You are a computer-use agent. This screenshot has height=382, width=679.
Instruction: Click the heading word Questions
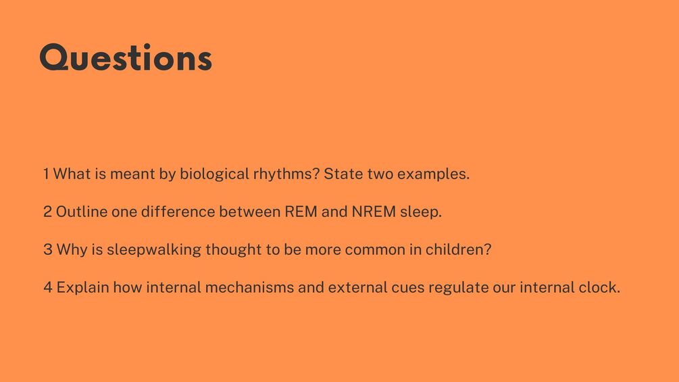(x=126, y=57)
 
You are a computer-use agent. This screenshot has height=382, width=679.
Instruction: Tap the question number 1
(x=46, y=174)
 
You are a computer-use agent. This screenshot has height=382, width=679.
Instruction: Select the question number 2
(x=48, y=212)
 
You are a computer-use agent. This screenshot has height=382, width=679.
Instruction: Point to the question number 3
(x=48, y=249)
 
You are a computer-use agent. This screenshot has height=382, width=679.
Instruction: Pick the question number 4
(x=48, y=287)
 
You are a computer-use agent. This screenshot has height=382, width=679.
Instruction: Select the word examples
(x=433, y=174)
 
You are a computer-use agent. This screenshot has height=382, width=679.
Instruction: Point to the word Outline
(x=82, y=212)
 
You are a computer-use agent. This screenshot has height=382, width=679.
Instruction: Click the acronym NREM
(x=374, y=212)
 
